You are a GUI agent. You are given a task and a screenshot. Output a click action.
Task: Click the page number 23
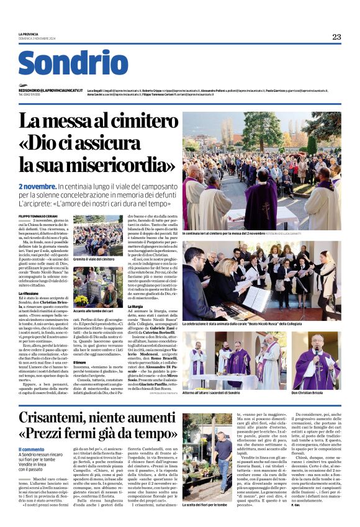tap(336, 37)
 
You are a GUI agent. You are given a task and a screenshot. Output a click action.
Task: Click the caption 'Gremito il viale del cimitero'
tap(93, 258)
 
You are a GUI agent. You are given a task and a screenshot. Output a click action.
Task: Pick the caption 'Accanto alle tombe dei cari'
tap(92, 310)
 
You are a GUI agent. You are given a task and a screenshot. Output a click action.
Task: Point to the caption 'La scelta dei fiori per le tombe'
tap(207, 504)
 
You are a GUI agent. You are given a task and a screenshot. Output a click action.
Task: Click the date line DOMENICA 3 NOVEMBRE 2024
tap(36, 38)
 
